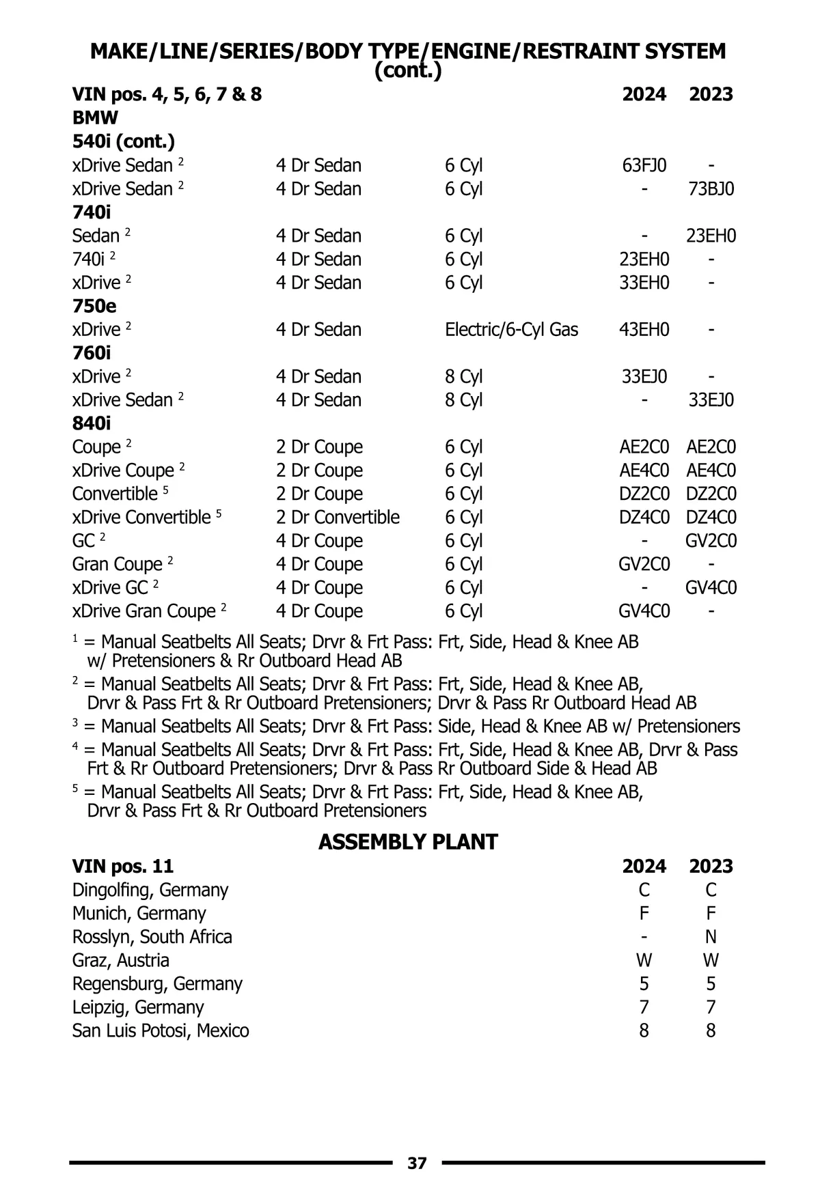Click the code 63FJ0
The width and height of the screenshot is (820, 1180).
(x=644, y=166)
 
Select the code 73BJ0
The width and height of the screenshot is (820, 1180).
(x=711, y=189)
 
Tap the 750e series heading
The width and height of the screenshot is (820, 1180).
(x=94, y=306)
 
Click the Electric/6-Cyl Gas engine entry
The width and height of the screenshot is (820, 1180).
(x=511, y=330)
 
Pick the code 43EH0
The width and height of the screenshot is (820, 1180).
(x=644, y=330)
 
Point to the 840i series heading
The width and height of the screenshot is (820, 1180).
(x=92, y=423)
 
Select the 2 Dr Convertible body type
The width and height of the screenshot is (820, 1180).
(x=338, y=517)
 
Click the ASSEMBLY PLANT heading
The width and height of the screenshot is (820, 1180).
(x=408, y=842)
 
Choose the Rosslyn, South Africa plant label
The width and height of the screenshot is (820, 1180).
(x=152, y=937)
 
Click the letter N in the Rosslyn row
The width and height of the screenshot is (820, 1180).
(x=711, y=937)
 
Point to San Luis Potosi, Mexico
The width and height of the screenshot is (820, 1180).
(x=161, y=1030)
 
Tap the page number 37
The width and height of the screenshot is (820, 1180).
(x=417, y=1163)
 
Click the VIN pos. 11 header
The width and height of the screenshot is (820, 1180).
(x=123, y=867)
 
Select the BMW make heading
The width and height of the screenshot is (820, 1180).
(x=95, y=117)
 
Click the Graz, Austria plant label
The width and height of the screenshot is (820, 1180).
(x=120, y=960)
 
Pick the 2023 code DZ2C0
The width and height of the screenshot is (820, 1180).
(x=711, y=494)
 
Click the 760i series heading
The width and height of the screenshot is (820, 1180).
(x=92, y=353)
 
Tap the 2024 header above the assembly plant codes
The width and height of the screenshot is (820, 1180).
(x=644, y=867)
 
